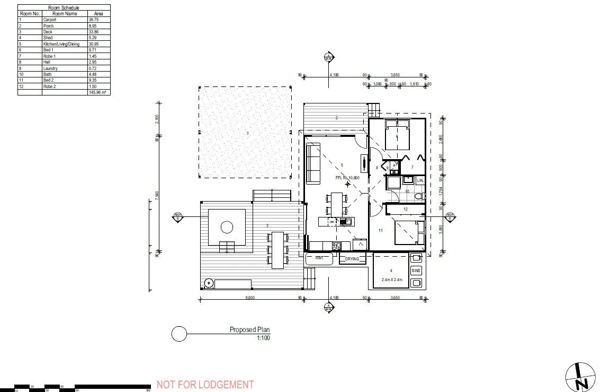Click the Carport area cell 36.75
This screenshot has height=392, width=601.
coord(93,20)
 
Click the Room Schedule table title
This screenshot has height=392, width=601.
coord(64,7)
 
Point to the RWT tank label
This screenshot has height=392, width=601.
coord(319,259)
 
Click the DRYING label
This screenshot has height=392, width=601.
coord(352,259)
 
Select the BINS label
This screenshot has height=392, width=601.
coord(416,271)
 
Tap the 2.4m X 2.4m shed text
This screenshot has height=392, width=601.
coord(391,280)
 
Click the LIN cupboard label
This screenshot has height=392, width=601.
coord(420,181)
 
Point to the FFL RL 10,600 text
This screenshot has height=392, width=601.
coord(347,178)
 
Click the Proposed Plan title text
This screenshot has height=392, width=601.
coord(249,330)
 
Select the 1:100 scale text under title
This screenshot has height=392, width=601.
coord(263,337)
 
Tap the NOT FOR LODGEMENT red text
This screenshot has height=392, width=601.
coord(205,385)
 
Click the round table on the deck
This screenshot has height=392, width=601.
coord(227,227)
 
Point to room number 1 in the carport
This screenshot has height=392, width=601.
coord(247,133)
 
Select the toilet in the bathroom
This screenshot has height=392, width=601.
coord(419,196)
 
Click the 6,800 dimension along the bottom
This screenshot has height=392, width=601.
coord(250,298)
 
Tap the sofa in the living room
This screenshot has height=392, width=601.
coord(313,163)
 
